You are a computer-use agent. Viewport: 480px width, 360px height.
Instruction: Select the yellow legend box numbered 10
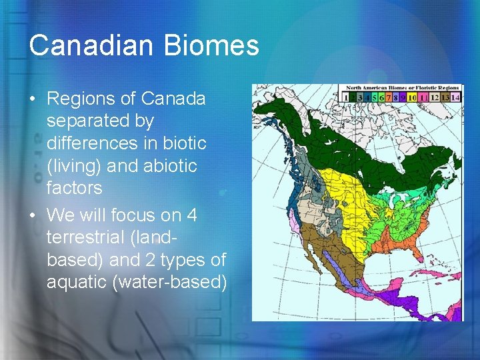point(411,97)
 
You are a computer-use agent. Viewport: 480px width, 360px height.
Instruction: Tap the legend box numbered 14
point(455,97)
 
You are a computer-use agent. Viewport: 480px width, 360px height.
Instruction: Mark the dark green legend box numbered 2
point(352,97)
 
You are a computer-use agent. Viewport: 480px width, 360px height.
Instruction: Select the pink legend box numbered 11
point(423,97)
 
